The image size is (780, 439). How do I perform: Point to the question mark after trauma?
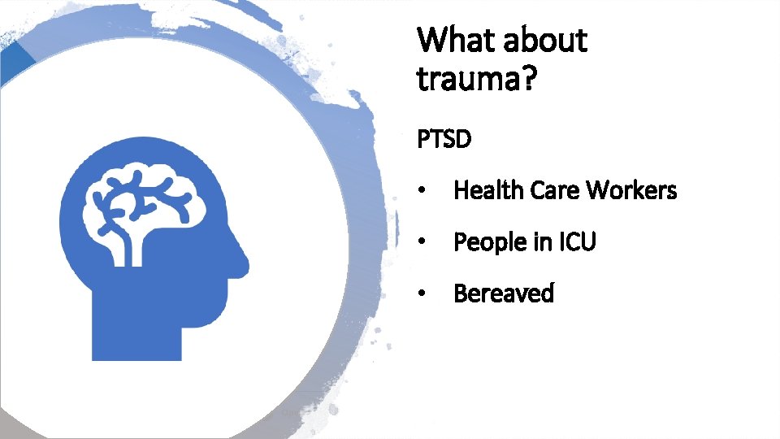coord(527,80)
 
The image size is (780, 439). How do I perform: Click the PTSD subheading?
coord(444,140)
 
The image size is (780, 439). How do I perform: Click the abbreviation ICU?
coord(577,242)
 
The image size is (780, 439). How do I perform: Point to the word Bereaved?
coord(504,293)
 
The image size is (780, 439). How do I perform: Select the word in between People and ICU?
coord(542,242)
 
